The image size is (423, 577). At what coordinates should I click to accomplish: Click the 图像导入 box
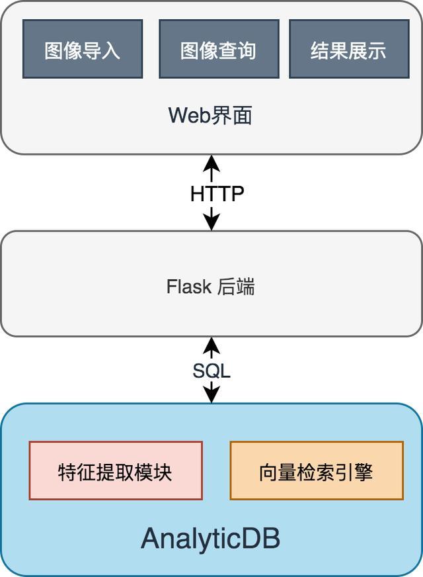click(83, 49)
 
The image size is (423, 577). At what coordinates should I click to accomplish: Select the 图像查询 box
click(219, 49)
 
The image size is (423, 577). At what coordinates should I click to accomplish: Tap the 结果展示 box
click(349, 49)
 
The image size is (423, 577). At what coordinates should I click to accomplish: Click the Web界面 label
click(210, 115)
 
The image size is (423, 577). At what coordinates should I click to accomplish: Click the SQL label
click(211, 371)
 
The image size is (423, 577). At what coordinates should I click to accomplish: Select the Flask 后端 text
click(210, 287)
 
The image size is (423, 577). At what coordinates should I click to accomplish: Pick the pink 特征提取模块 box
click(116, 470)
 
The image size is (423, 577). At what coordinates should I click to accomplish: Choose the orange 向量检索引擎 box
click(317, 470)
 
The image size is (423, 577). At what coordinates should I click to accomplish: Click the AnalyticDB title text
click(210, 539)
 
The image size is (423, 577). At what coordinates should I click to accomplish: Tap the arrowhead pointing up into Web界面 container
click(211, 161)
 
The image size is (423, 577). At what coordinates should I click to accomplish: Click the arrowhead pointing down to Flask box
click(211, 222)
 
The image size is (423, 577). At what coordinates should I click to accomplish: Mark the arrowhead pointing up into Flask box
click(211, 344)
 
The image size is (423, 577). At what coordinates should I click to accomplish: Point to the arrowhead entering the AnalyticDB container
click(211, 395)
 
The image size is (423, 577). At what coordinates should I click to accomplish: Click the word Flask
click(189, 287)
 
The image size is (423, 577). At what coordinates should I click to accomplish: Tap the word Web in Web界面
click(189, 115)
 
